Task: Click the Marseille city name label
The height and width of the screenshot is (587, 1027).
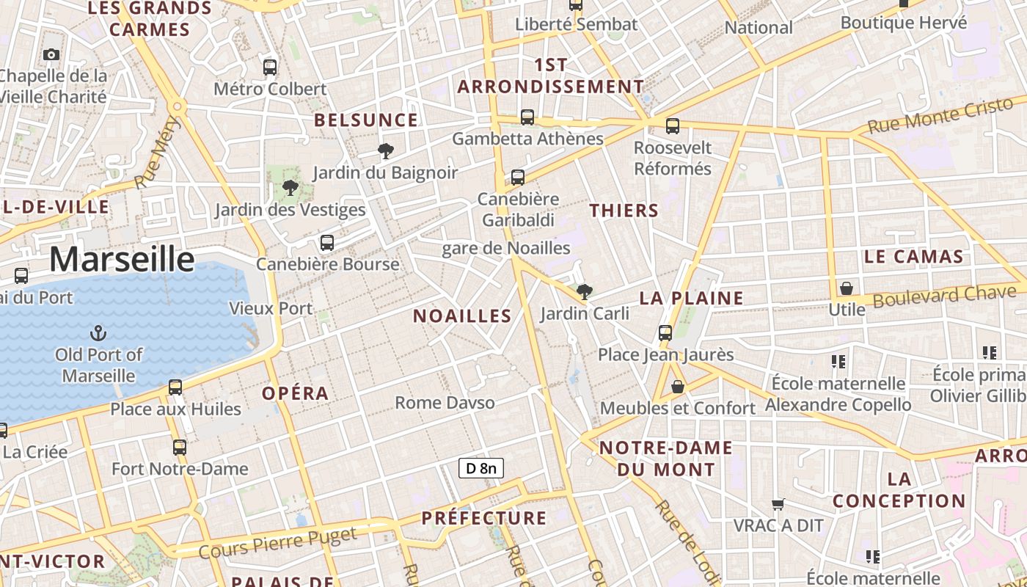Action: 122,260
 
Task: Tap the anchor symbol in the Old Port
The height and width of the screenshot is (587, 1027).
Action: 98,334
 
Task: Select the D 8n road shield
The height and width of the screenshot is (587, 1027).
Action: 481,468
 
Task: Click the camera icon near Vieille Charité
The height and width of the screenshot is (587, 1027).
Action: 51,54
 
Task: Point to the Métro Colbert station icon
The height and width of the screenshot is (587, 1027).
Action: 270,68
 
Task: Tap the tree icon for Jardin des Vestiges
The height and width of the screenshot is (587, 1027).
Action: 290,188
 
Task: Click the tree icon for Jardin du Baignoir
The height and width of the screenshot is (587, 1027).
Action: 385,152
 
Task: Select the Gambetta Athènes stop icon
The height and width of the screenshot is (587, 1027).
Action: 527,117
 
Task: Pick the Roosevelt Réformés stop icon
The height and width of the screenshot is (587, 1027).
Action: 673,126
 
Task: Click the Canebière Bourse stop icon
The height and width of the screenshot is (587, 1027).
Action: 327,243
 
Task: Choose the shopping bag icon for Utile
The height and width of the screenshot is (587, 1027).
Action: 847,288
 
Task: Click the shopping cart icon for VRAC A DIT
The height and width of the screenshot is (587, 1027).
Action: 778,504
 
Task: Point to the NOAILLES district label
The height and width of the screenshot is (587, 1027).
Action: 462,316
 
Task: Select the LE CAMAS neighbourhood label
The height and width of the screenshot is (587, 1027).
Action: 913,257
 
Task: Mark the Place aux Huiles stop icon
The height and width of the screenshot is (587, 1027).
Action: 175,387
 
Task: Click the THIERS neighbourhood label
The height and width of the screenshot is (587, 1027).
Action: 624,211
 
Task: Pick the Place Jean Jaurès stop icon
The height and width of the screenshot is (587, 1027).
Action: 665,333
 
